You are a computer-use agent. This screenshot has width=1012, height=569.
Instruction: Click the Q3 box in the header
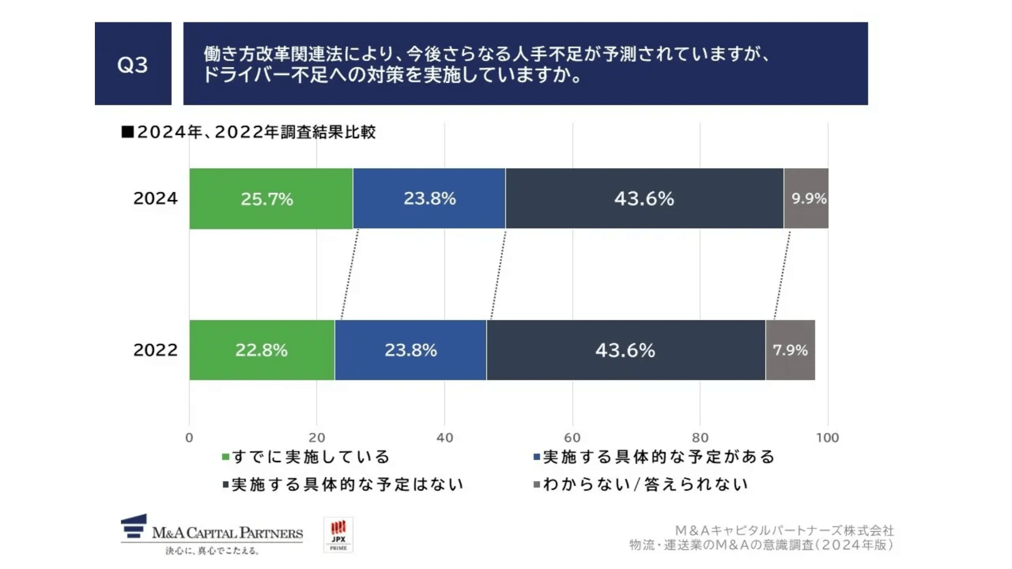[133, 64]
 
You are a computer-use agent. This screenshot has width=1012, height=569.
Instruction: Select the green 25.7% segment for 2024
[270, 199]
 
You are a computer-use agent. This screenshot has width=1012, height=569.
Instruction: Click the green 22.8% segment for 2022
[261, 350]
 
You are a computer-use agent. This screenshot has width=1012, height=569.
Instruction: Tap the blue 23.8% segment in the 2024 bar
[429, 199]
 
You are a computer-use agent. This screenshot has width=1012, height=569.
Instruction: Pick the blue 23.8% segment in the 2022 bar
[411, 350]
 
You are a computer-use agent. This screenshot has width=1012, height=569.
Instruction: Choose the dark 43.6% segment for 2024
[644, 199]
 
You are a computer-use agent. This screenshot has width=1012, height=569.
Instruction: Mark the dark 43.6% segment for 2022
[626, 350]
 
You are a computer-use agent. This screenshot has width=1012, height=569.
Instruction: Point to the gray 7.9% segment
[790, 350]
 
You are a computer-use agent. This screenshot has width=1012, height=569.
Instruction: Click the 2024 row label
[155, 199]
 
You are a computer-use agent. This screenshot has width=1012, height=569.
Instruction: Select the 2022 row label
[155, 350]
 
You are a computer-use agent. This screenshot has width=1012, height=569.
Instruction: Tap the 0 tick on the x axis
[189, 437]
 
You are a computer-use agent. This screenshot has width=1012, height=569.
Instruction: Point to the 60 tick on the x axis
[572, 437]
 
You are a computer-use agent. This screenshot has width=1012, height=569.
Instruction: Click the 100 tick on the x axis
[828, 437]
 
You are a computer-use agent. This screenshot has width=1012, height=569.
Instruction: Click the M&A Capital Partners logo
[212, 534]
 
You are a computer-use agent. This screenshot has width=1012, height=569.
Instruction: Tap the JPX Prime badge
[338, 535]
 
